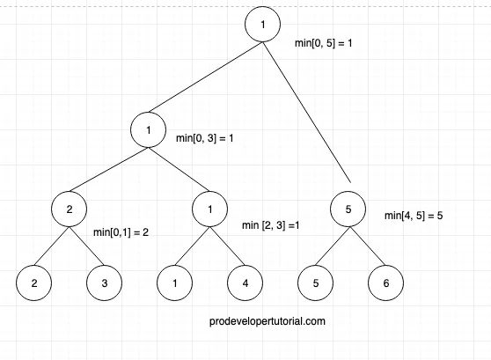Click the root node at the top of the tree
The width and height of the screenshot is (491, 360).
point(262,26)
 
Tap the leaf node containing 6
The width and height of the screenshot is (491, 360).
point(385,284)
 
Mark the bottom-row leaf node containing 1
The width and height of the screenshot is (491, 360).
point(174,284)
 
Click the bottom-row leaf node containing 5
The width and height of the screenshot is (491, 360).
point(315,284)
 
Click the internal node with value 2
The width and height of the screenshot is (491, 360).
point(69,211)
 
